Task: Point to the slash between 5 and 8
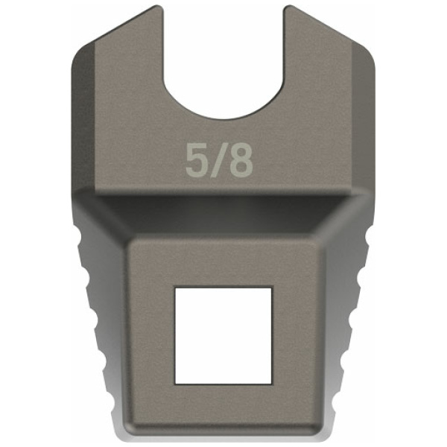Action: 218,160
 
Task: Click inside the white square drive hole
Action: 223,335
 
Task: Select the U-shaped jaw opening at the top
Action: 223,66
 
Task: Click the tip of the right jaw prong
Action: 288,6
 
